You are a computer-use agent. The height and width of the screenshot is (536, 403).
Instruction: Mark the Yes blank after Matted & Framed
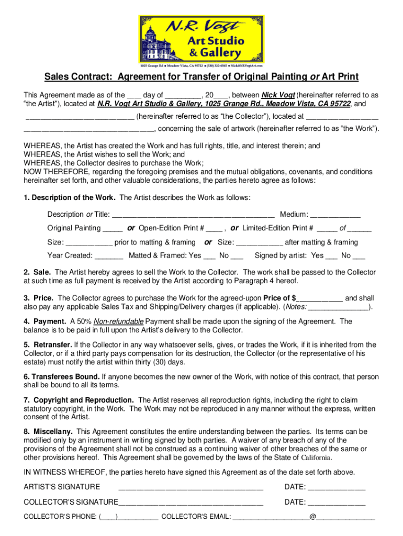pyautogui.click(x=209, y=256)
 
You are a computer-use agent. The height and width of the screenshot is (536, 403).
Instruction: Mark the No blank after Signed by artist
pyautogui.click(x=359, y=256)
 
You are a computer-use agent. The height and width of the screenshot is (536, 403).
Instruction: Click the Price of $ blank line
pyautogui.click(x=320, y=298)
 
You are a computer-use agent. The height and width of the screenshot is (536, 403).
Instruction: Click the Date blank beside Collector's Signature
pyautogui.click(x=336, y=502)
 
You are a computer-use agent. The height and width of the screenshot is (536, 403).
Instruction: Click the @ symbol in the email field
pyautogui.click(x=312, y=517)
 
